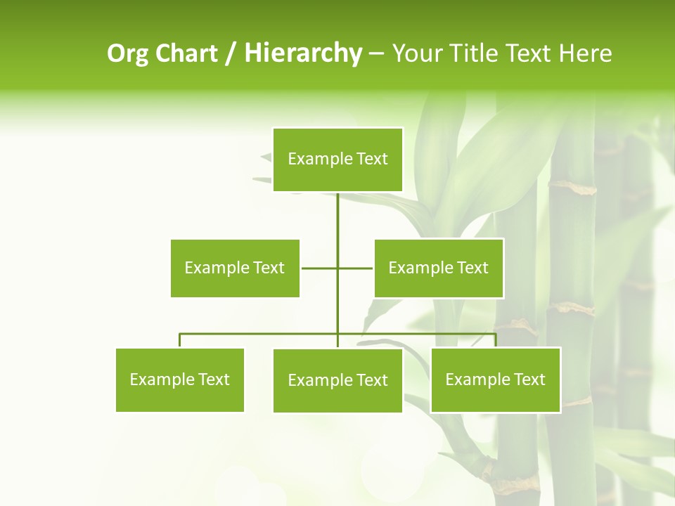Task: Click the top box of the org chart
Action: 337,160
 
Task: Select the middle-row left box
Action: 235,268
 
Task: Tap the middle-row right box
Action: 439,268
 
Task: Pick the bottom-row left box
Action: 180,379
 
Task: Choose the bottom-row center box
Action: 337,380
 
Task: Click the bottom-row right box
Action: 496,379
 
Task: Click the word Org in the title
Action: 127,54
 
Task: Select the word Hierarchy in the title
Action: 302,53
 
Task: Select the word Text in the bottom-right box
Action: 529,379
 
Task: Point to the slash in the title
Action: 231,54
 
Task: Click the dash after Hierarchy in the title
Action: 376,54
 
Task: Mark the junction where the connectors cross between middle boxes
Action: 337,268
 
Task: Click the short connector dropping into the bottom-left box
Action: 180,341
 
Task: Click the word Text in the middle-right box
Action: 472,268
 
